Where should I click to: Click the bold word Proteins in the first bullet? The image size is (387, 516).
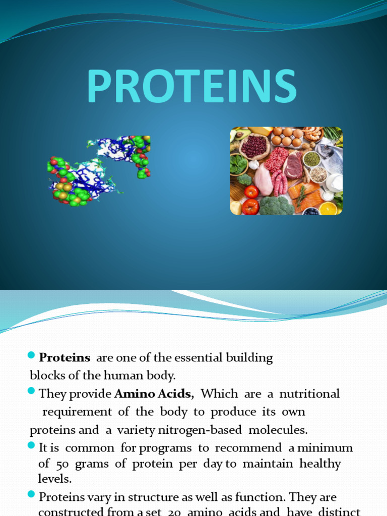pyautogui.click(x=64, y=358)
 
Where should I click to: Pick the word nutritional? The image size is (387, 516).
pyautogui.click(x=309, y=394)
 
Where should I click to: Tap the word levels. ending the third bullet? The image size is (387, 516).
pyautogui.click(x=55, y=478)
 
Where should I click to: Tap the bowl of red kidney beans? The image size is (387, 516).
pyautogui.click(x=254, y=146)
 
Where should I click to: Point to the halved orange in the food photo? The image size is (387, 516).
pyautogui.click(x=328, y=208)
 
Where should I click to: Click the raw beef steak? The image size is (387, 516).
pyautogui.click(x=293, y=166)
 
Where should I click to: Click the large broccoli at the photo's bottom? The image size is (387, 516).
pyautogui.click(x=276, y=205)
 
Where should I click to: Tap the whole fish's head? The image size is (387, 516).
pyautogui.click(x=327, y=150)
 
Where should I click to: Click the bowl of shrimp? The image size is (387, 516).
pyautogui.click(x=312, y=134)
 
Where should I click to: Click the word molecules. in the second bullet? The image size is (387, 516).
pyautogui.click(x=283, y=430)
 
